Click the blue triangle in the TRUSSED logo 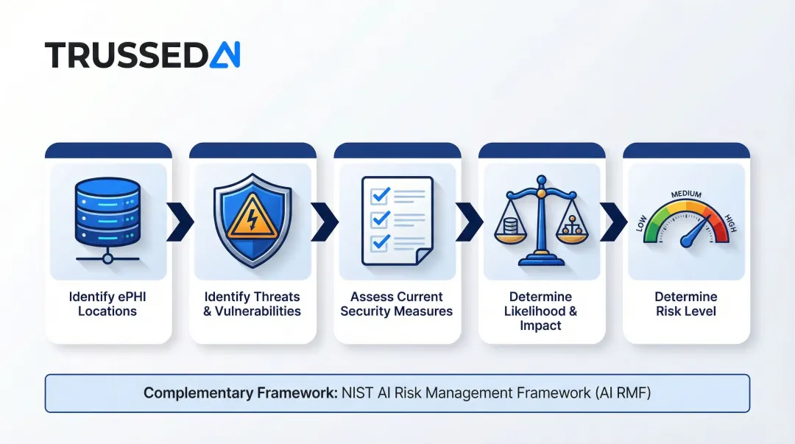[225, 55]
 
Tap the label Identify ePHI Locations [107, 303]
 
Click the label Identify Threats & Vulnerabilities [252, 303]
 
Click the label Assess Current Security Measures [396, 303]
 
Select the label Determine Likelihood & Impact [541, 311]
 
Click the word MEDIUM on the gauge [686, 194]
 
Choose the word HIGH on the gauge [730, 223]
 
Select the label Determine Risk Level [685, 303]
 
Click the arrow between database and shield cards [180, 220]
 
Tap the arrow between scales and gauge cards [614, 220]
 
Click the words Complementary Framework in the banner [240, 392]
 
